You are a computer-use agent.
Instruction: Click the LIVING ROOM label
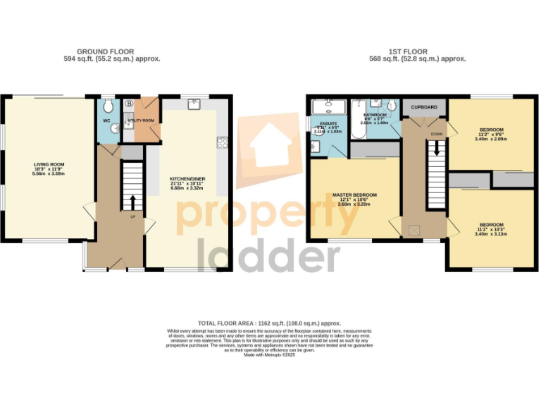click(49, 164)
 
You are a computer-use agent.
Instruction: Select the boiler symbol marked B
click(129, 104)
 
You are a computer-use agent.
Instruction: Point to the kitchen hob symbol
click(222, 142)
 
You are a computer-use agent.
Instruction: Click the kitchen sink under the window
click(194, 105)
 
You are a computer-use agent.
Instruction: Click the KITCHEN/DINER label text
click(189, 179)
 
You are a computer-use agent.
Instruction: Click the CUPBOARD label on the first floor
click(424, 108)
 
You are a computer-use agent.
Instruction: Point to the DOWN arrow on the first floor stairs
click(437, 148)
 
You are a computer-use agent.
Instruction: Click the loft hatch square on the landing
click(413, 230)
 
